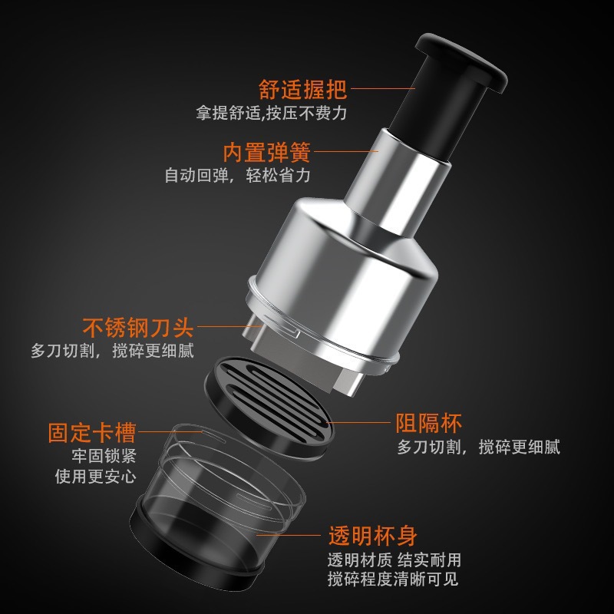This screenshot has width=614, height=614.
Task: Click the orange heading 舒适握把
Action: tap(302, 90)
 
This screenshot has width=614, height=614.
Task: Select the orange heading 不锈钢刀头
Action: tap(139, 328)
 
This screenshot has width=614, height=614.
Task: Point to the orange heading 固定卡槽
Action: tap(92, 431)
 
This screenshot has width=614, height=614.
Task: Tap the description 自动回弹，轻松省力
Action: tap(237, 175)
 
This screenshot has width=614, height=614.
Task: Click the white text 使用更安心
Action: tap(96, 476)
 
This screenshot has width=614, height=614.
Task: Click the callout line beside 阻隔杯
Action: tap(361, 423)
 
